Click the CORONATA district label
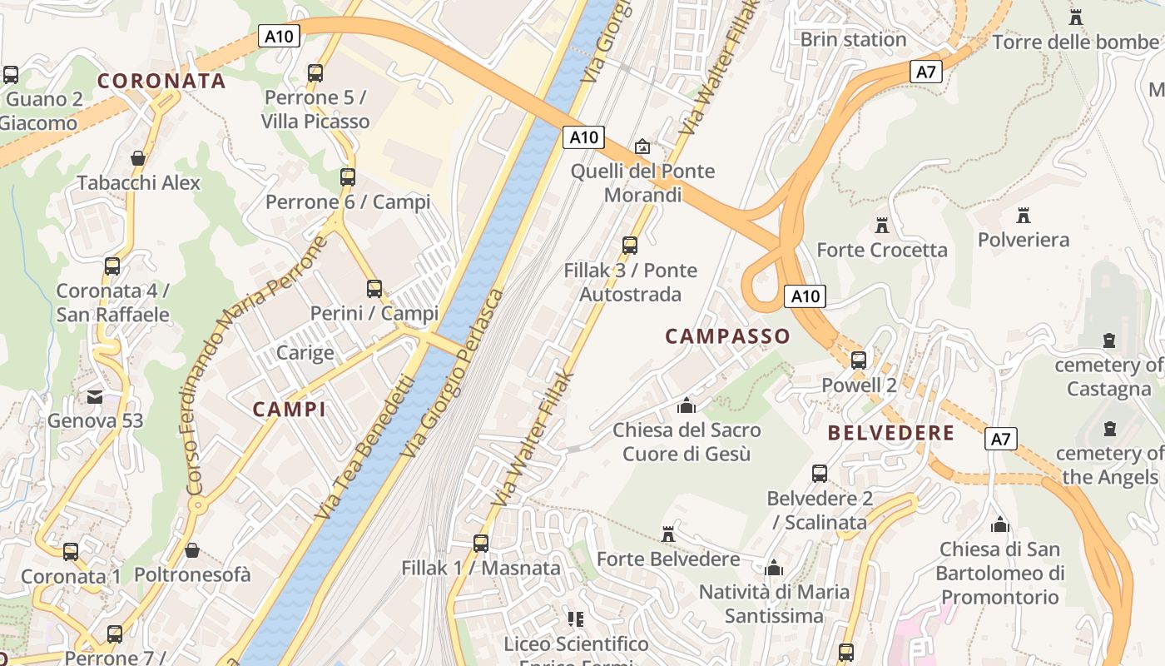tap(161, 81)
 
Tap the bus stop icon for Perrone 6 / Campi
tap(348, 176)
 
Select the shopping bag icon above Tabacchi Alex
tap(138, 158)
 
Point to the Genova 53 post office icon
tap(95, 396)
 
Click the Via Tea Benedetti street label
tap(364, 448)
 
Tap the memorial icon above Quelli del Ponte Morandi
tap(642, 147)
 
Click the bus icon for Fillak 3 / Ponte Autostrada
tap(630, 246)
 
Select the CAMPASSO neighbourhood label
tap(727, 336)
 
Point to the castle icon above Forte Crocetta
tap(882, 225)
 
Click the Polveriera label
tap(1024, 240)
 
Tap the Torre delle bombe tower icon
tap(1076, 17)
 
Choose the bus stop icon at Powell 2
tap(859, 360)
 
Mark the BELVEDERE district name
tap(891, 433)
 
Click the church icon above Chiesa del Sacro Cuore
tap(687, 405)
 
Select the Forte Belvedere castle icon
tap(667, 534)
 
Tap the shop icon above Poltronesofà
tap(192, 550)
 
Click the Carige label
tap(305, 352)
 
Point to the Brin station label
tap(853, 39)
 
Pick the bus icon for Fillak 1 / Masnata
tap(481, 544)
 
